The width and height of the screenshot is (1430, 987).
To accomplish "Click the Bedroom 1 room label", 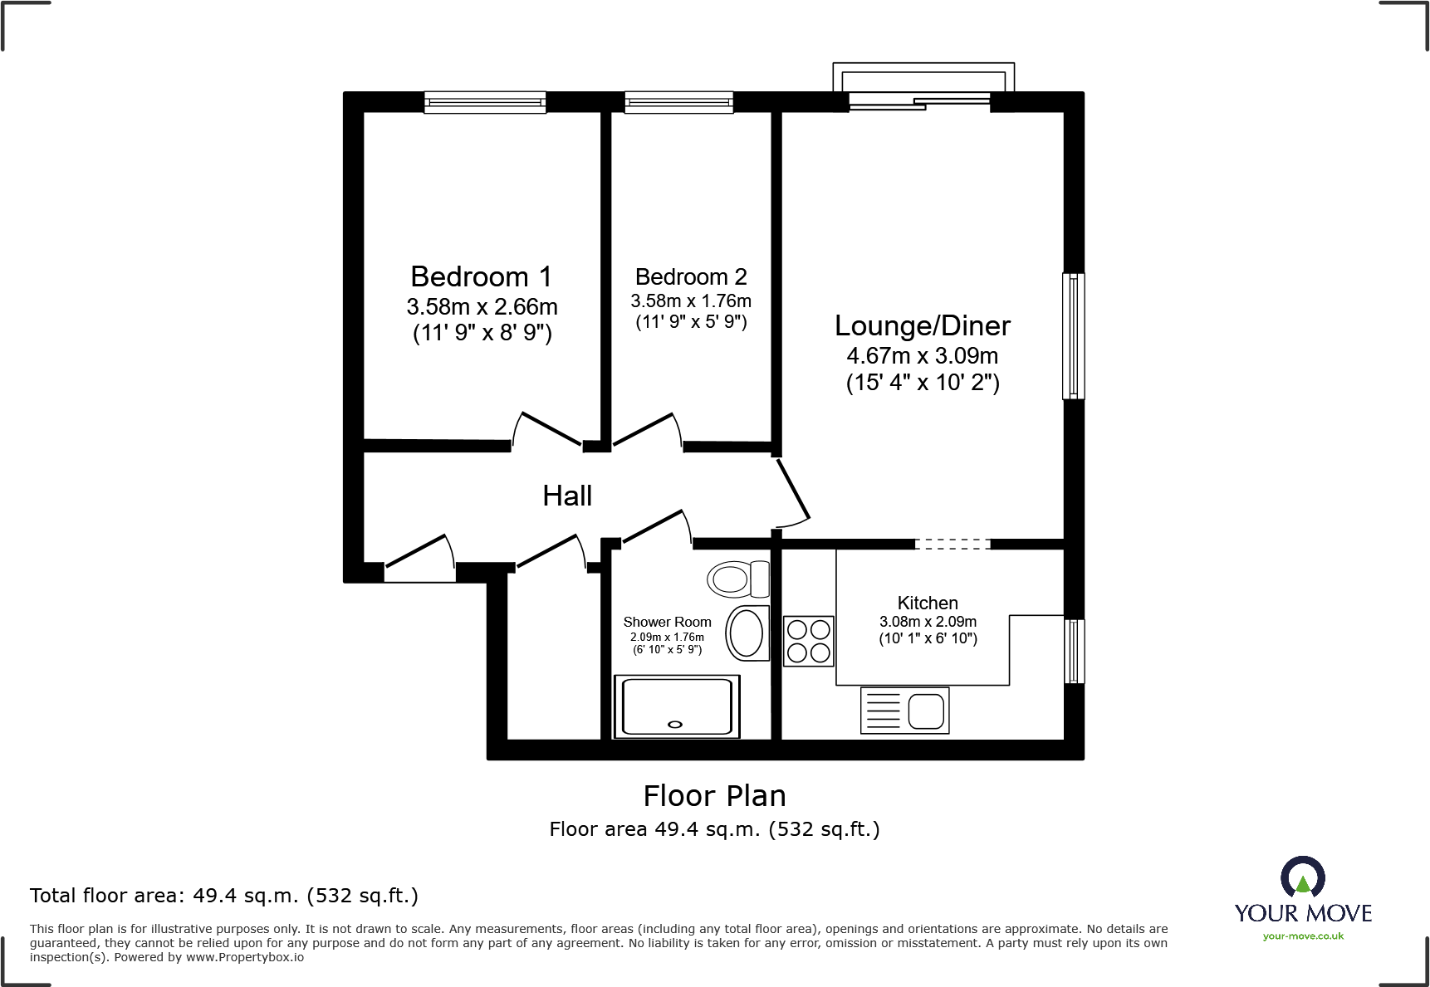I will coord(481,276).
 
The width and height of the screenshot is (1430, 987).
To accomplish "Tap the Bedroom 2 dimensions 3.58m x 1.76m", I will coord(691,301).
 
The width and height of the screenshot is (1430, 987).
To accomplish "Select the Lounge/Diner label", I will coord(922,325).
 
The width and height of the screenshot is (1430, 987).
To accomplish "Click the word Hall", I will coord(567,496).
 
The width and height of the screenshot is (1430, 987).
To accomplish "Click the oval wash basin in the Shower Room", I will coord(747,633).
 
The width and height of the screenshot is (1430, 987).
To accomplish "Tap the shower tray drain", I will coord(675,725).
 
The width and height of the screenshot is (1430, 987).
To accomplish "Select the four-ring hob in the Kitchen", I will coord(809,641).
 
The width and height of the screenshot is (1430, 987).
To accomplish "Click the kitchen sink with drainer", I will coord(905,711).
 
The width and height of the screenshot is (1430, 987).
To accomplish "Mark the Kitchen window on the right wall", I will coord(1074,651).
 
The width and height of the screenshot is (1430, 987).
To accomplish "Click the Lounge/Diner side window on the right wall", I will coord(1073,336).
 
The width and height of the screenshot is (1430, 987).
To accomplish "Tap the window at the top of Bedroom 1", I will coord(485,102).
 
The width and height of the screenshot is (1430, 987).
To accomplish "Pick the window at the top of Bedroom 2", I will coord(679,102).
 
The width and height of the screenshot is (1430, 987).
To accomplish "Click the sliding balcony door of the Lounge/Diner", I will coord(920,102).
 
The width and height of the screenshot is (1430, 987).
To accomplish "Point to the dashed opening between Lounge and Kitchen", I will coord(953,545).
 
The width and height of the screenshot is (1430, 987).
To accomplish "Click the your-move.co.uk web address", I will coord(1303,936).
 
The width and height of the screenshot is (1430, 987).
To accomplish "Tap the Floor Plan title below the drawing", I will coord(714,796).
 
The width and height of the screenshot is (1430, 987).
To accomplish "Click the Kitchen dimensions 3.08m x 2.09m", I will coord(928,622).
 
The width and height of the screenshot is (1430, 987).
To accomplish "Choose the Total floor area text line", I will coord(224,896).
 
